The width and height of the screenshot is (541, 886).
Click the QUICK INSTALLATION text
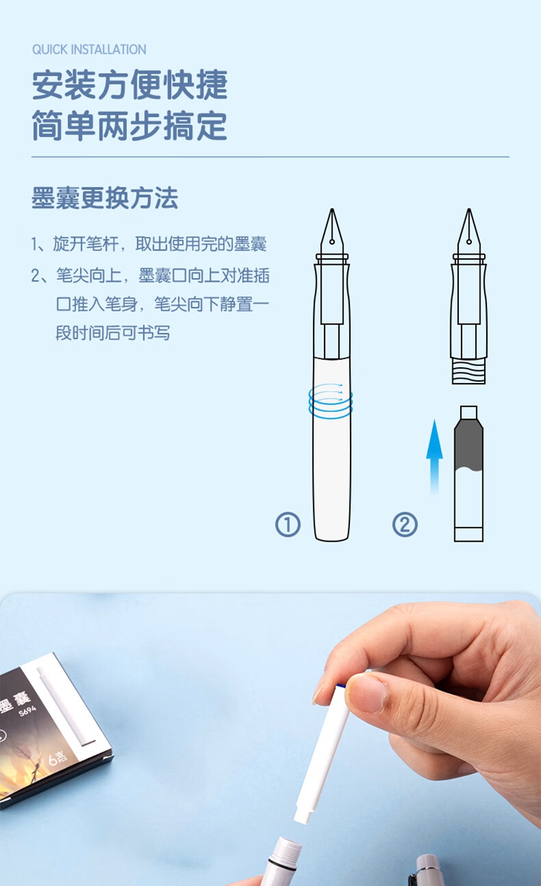pos(89,50)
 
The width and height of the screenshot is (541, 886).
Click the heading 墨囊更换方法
pos(105,198)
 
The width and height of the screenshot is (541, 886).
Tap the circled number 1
pos(288,525)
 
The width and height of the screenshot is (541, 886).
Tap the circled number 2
pos(405,525)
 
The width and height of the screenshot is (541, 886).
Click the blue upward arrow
pos(434,457)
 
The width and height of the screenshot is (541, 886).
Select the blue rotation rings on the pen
pos(330,400)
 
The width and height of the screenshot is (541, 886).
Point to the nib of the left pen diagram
pos(332,232)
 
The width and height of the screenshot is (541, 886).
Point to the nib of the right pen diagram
pos(469,232)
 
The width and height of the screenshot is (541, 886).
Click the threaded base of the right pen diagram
pos(469,371)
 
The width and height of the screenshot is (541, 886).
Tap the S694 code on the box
pos(27,712)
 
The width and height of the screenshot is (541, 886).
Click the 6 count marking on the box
pos(57,758)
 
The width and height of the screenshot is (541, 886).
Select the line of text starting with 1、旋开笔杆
pos(149,244)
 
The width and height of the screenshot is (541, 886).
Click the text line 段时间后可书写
pos(113,333)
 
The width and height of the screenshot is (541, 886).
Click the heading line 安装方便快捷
pos(130,84)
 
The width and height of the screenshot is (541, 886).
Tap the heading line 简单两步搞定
pos(130,126)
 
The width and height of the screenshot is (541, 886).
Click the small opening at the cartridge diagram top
pos(469,411)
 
